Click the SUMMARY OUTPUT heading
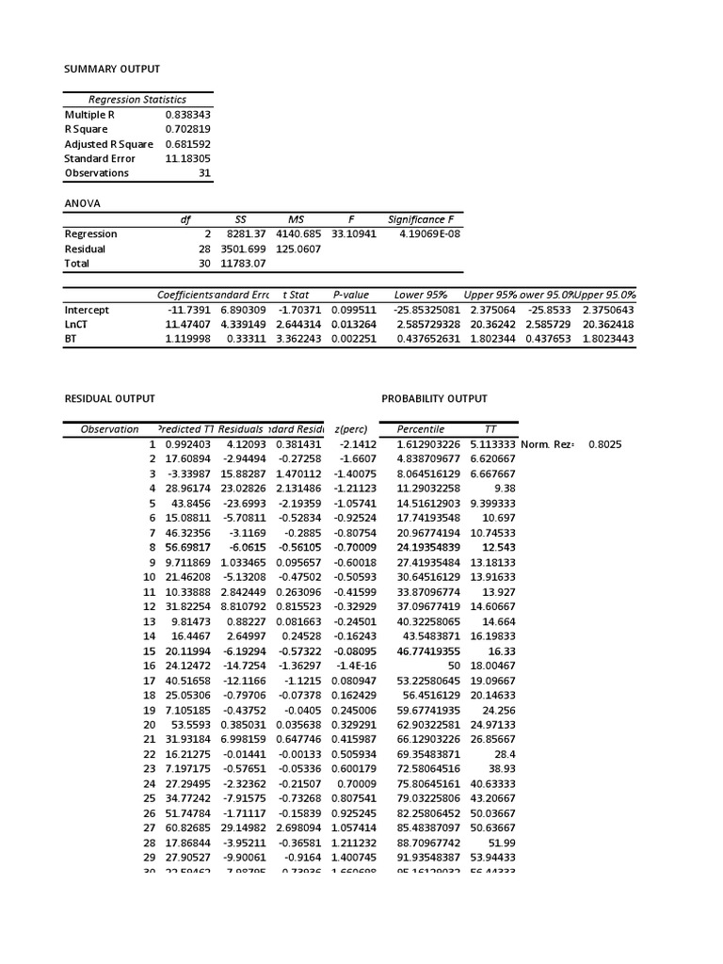click(x=112, y=69)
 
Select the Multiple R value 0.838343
click(x=188, y=114)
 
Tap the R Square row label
click(x=86, y=129)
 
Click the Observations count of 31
click(x=205, y=173)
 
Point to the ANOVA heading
click(x=82, y=203)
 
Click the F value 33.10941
click(x=354, y=233)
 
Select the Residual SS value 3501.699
click(x=246, y=249)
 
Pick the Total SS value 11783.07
click(x=246, y=264)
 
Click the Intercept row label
click(x=87, y=310)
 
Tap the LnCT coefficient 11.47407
click(x=188, y=324)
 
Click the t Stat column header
click(x=297, y=295)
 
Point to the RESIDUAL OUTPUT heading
click(x=109, y=399)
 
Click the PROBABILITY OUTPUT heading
click(x=435, y=399)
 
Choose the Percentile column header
click(x=420, y=429)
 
